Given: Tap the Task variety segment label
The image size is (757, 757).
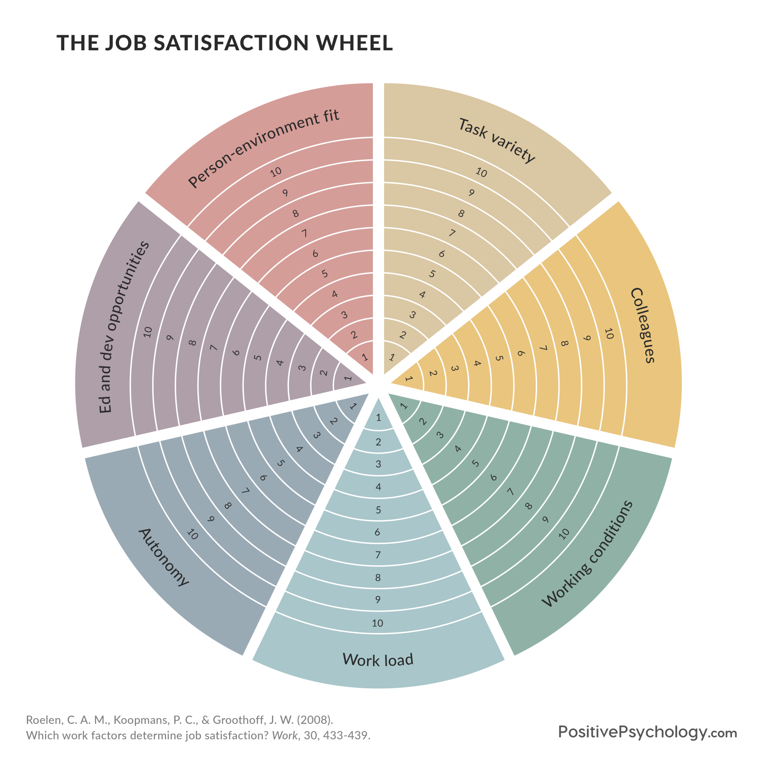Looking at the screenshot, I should [x=496, y=140].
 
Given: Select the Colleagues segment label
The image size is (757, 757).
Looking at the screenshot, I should [x=642, y=325].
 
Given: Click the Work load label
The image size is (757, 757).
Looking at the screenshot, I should [x=378, y=660].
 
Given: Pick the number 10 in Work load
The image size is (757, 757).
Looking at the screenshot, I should [x=377, y=623].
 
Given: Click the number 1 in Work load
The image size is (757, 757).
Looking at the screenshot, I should [x=378, y=418].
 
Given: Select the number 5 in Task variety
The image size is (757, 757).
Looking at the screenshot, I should [x=432, y=274].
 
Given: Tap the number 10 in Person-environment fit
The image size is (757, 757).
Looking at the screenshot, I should [x=276, y=172].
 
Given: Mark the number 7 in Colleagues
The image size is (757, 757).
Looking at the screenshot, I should [x=543, y=348].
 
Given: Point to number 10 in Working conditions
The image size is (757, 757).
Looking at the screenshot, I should [x=564, y=534].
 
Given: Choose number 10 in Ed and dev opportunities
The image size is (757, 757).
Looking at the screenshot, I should [x=148, y=332].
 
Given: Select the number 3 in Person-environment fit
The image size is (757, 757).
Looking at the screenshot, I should [x=344, y=315].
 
